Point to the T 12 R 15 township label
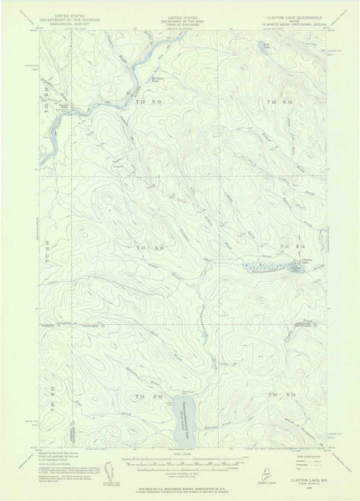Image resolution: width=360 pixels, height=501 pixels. (x=145, y=100)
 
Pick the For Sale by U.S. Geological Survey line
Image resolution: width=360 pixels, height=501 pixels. (x=179, y=488)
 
